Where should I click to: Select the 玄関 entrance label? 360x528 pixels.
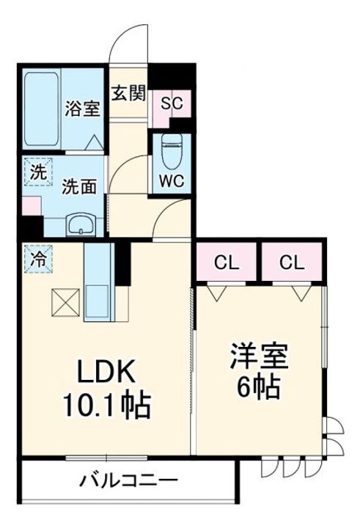click(129, 94)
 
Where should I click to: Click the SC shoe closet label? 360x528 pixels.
click(172, 103)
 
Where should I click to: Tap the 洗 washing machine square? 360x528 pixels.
click(37, 174)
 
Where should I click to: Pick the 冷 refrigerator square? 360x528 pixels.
click(36, 257)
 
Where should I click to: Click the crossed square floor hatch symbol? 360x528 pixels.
click(65, 301)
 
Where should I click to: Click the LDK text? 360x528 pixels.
click(107, 373)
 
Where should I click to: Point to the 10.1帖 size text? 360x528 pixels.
click(107, 404)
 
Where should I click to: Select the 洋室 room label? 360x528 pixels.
click(260, 356)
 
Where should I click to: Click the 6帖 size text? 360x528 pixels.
click(260, 386)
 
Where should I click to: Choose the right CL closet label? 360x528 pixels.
click(293, 263)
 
